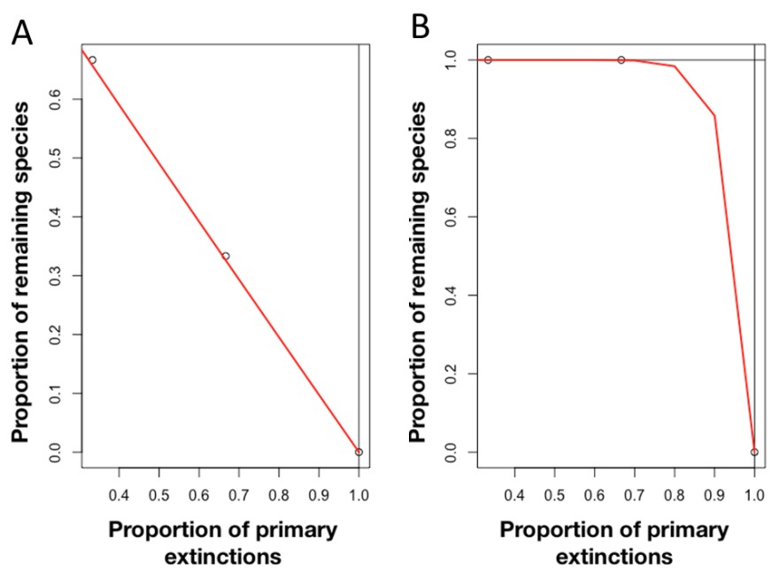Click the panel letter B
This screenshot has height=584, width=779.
click(420, 28)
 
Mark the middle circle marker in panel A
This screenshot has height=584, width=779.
click(226, 256)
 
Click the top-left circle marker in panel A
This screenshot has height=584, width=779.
click(92, 60)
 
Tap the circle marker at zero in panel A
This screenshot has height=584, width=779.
click(359, 452)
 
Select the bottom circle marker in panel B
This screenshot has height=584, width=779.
click(754, 452)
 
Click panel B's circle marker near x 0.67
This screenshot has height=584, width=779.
click(621, 60)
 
